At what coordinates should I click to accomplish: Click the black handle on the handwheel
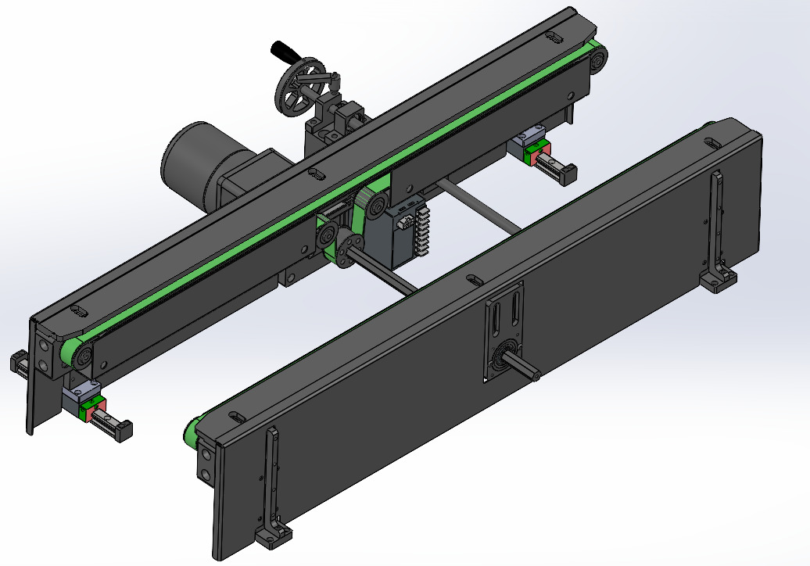[283, 52]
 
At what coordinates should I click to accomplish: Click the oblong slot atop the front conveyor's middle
[472, 278]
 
